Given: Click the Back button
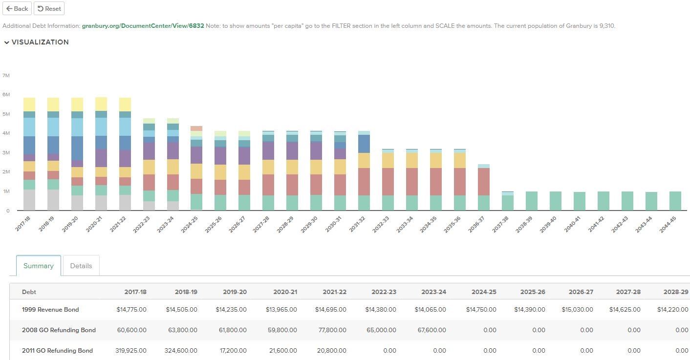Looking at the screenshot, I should [x=17, y=9].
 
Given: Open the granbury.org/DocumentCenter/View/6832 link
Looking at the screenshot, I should [x=143, y=26].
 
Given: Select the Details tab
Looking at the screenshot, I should [x=81, y=266].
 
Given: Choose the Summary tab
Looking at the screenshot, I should [x=39, y=266].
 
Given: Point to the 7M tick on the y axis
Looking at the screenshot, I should [x=6, y=76].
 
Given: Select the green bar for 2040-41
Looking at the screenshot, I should [x=580, y=201].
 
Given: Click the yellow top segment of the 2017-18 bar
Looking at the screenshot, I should [x=29, y=105].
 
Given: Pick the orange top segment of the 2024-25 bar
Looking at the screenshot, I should [x=196, y=128].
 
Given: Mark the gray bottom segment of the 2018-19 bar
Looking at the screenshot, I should [x=53, y=200].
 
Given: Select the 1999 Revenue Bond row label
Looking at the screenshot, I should [x=50, y=310].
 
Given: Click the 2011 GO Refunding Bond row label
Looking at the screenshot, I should [x=57, y=351].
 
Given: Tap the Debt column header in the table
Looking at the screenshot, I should [x=29, y=292].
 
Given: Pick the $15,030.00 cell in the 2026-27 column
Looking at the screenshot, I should [x=577, y=310].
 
